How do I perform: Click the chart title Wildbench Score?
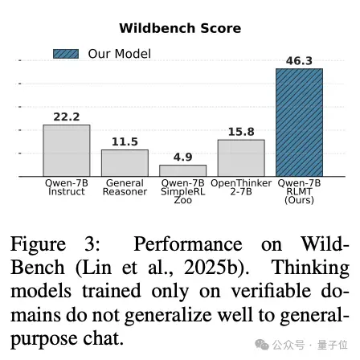tap(180, 28)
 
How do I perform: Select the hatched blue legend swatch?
tap(66, 54)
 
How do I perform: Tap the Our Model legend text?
tap(120, 54)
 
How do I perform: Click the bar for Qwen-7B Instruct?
tap(67, 150)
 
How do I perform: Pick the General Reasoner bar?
tap(125, 163)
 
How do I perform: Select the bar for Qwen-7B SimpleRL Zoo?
tap(183, 170)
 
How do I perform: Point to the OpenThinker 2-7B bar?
tap(241, 158)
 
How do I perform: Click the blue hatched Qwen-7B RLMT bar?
tap(300, 122)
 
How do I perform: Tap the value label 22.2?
tap(67, 117)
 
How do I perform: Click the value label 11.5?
tap(125, 142)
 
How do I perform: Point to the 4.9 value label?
tap(183, 157)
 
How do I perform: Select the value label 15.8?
tap(241, 132)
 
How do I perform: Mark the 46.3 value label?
tap(299, 61)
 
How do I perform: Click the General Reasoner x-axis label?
tap(125, 187)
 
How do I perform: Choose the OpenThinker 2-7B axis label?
tap(241, 187)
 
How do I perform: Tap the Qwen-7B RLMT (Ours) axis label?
tap(299, 191)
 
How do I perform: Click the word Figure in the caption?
tap(38, 245)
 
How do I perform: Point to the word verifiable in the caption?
tap(271, 291)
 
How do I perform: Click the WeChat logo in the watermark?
tap(262, 344)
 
